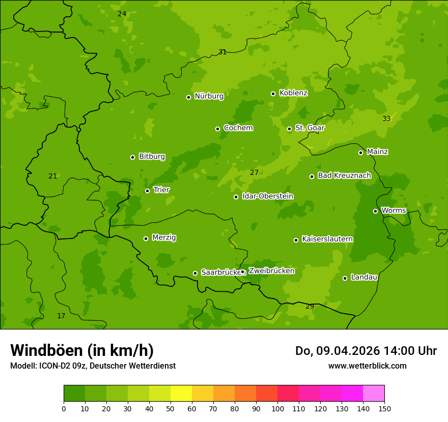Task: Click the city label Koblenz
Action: tap(293, 93)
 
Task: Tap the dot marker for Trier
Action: tap(148, 191)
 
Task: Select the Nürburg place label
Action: tap(209, 96)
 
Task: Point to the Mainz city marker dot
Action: tap(360, 153)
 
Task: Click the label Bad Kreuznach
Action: tap(344, 175)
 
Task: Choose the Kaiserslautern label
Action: tap(327, 239)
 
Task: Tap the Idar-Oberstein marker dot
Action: tap(236, 197)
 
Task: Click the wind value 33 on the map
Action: tap(386, 118)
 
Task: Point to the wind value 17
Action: tap(61, 316)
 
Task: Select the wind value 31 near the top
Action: tap(222, 52)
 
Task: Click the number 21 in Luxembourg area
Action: tap(52, 176)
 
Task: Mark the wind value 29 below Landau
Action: tap(310, 306)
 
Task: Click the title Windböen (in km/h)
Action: tap(82, 350)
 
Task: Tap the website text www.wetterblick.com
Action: tap(367, 366)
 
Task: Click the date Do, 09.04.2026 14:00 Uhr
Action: tap(366, 351)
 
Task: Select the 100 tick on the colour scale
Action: tap(277, 408)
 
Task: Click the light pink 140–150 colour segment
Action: tap(374, 394)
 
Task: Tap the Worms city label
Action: tap(394, 210)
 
